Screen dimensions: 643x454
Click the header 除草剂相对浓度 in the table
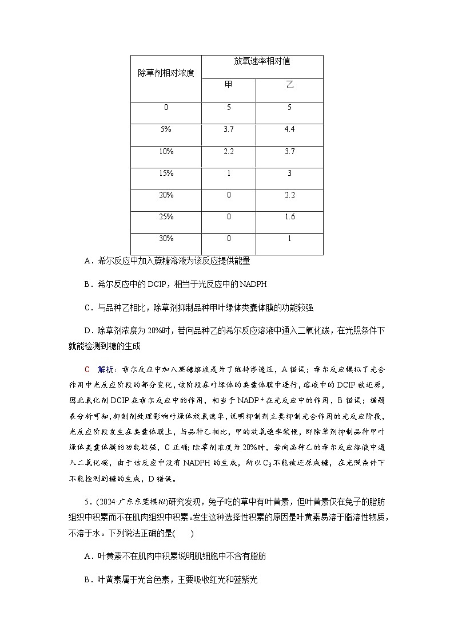click(166, 73)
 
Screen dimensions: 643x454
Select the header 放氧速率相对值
click(262, 61)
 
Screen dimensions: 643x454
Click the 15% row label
click(166, 173)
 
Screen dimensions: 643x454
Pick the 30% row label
click(166, 239)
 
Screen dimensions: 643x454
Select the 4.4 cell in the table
click(289, 129)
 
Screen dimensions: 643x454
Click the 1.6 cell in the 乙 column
click(289, 217)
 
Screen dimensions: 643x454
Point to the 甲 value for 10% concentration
click(228, 151)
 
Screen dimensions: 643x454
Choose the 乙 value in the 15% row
click(289, 173)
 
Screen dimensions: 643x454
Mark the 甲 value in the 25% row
click(228, 217)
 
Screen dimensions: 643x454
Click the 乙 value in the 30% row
click(289, 239)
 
